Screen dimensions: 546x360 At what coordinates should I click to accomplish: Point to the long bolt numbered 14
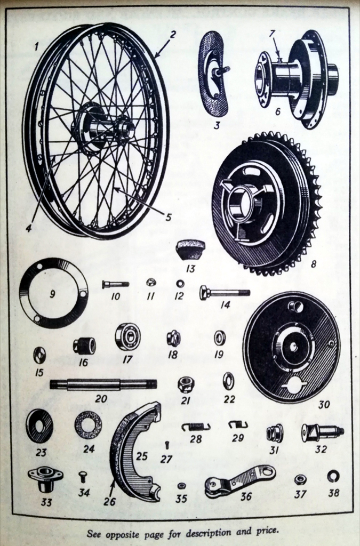coord(225,293)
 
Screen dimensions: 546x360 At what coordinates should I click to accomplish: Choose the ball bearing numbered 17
coord(127,336)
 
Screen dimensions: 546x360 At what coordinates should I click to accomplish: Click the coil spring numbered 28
coord(196,426)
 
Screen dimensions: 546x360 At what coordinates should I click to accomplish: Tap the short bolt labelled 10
coord(115,284)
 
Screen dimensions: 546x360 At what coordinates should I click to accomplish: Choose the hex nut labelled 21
coord(186,384)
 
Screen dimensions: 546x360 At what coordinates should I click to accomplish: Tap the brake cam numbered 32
coord(322,431)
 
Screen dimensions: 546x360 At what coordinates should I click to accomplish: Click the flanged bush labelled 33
coord(45,476)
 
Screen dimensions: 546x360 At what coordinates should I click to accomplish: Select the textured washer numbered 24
coord(88,425)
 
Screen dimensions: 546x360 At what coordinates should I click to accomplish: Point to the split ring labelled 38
coord(333,476)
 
